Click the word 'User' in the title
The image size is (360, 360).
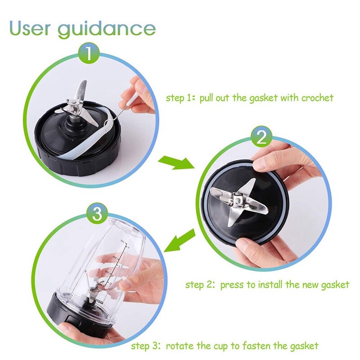pyautogui.click(x=30, y=28)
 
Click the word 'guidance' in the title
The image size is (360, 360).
pyautogui.click(x=107, y=29)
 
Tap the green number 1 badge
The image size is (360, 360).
pyautogui.click(x=89, y=54)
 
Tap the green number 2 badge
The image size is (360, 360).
pyautogui.click(x=261, y=137)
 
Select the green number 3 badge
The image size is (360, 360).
pyautogui.click(x=97, y=213)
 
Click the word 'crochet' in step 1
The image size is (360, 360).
pyautogui.click(x=317, y=98)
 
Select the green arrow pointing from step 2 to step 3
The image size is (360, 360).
pyautogui.click(x=180, y=240)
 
